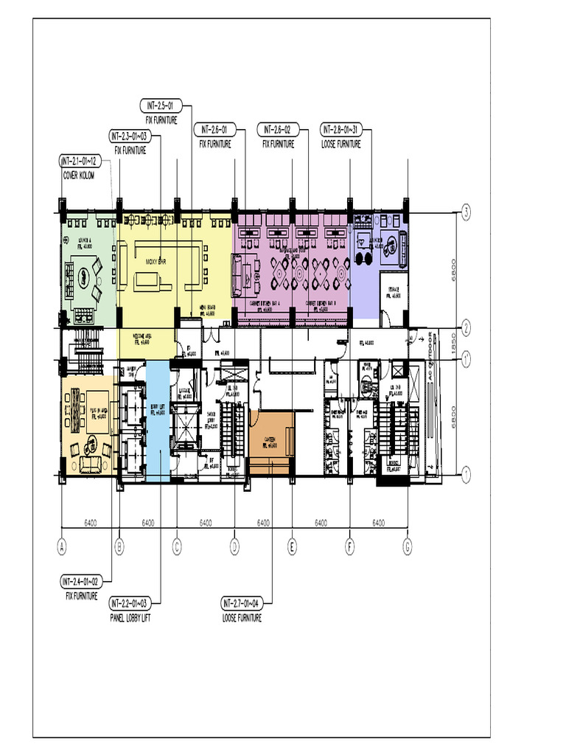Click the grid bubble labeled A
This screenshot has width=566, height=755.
(x=62, y=547)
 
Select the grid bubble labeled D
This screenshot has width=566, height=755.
(x=235, y=547)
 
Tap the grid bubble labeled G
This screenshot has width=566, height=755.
(x=408, y=547)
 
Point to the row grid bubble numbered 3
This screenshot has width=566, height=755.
(x=467, y=214)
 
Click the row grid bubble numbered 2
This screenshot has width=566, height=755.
(x=467, y=327)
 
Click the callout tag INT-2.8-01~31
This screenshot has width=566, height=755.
(x=344, y=131)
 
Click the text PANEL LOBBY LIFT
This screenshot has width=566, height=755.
(x=136, y=618)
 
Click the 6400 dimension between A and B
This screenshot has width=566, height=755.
(x=90, y=523)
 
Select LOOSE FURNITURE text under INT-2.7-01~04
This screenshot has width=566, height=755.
(x=242, y=618)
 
